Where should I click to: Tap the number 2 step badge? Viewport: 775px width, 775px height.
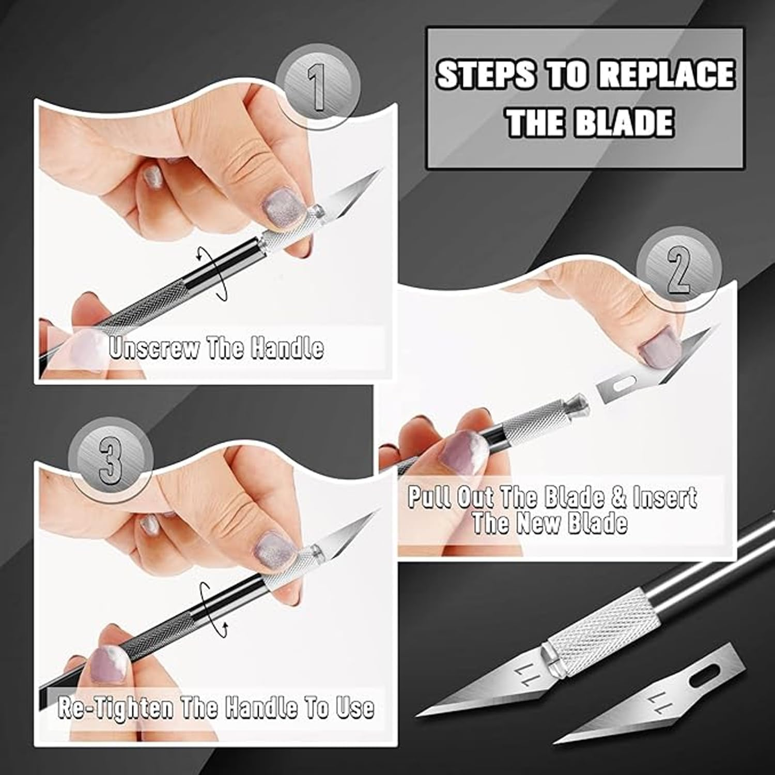click(677, 272)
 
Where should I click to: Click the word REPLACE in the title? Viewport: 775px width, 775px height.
click(666, 74)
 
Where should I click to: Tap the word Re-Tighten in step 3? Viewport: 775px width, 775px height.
click(115, 707)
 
